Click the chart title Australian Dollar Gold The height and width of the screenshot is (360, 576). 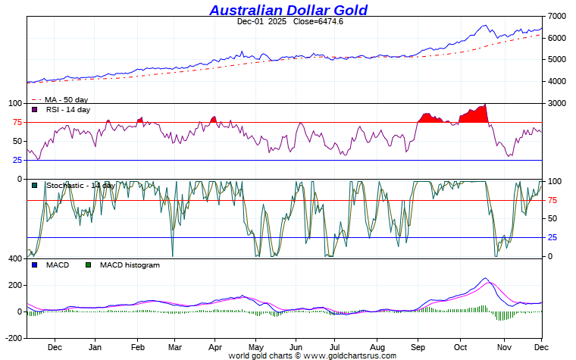[x=288, y=10]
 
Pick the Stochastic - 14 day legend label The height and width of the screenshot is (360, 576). [x=80, y=185]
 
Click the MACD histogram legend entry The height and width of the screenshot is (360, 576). [x=129, y=265]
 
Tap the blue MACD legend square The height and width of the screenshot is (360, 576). [x=34, y=265]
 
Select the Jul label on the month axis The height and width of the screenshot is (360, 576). [x=335, y=347]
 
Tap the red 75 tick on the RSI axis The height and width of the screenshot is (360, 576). [x=16, y=122]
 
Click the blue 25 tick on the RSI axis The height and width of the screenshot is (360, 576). [x=16, y=160]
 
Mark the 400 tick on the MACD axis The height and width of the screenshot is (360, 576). [x=14, y=258]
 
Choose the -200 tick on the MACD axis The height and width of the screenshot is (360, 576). [x=13, y=338]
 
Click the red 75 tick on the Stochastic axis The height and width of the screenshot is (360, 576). [x=553, y=200]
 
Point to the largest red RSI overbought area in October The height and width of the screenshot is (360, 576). [x=476, y=115]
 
